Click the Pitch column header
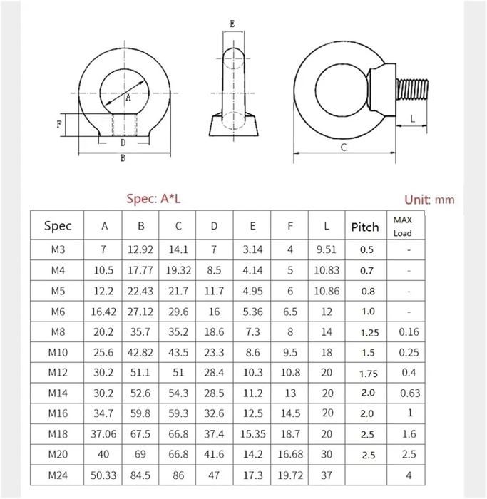tap(365, 227)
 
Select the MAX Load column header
tap(403, 226)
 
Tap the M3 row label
tap(58, 249)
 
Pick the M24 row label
tap(58, 475)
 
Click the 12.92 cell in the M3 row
tap(140, 249)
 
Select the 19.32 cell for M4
tap(178, 270)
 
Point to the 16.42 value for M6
tap(103, 312)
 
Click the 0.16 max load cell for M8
tap(409, 332)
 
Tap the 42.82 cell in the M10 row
tap(140, 353)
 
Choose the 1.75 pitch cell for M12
tap(369, 374)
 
